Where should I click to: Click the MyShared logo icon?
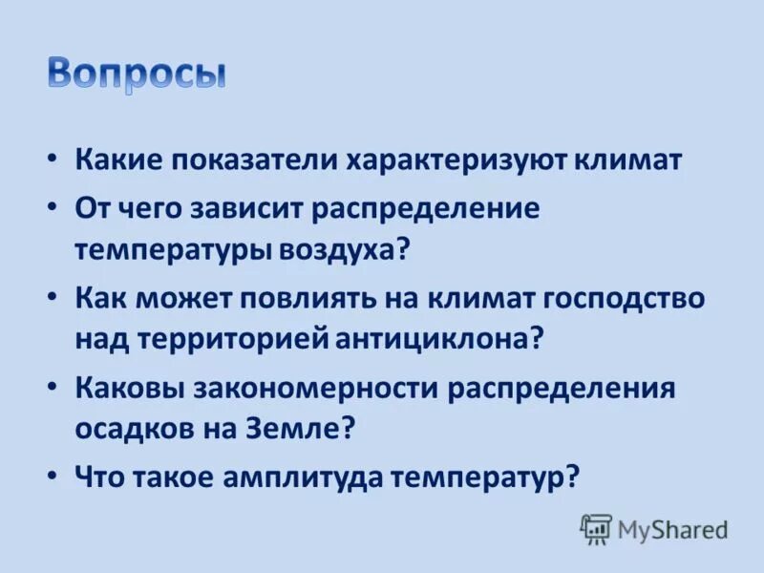(596, 528)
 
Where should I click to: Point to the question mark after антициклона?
(537, 339)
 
